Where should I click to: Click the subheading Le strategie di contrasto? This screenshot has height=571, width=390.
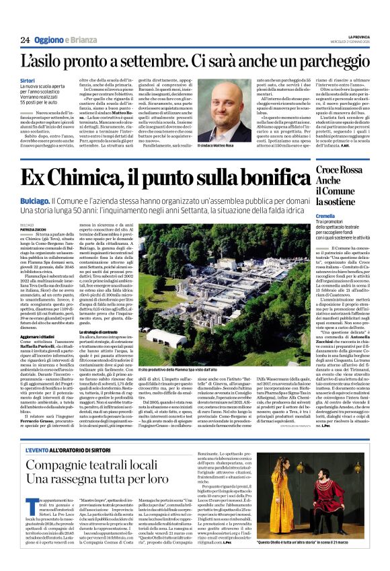coord(102,332)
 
